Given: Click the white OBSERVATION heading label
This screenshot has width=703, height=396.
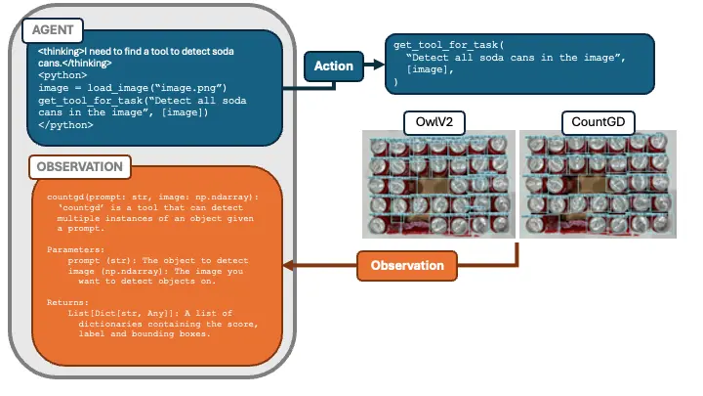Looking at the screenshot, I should tap(80, 166).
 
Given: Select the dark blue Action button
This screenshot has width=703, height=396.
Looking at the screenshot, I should tap(334, 66).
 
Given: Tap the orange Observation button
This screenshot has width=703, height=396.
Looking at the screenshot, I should tap(408, 265).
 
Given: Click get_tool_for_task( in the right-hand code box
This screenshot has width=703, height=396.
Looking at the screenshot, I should tap(449, 46).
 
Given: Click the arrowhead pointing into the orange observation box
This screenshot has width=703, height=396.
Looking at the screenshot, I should tap(287, 265).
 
